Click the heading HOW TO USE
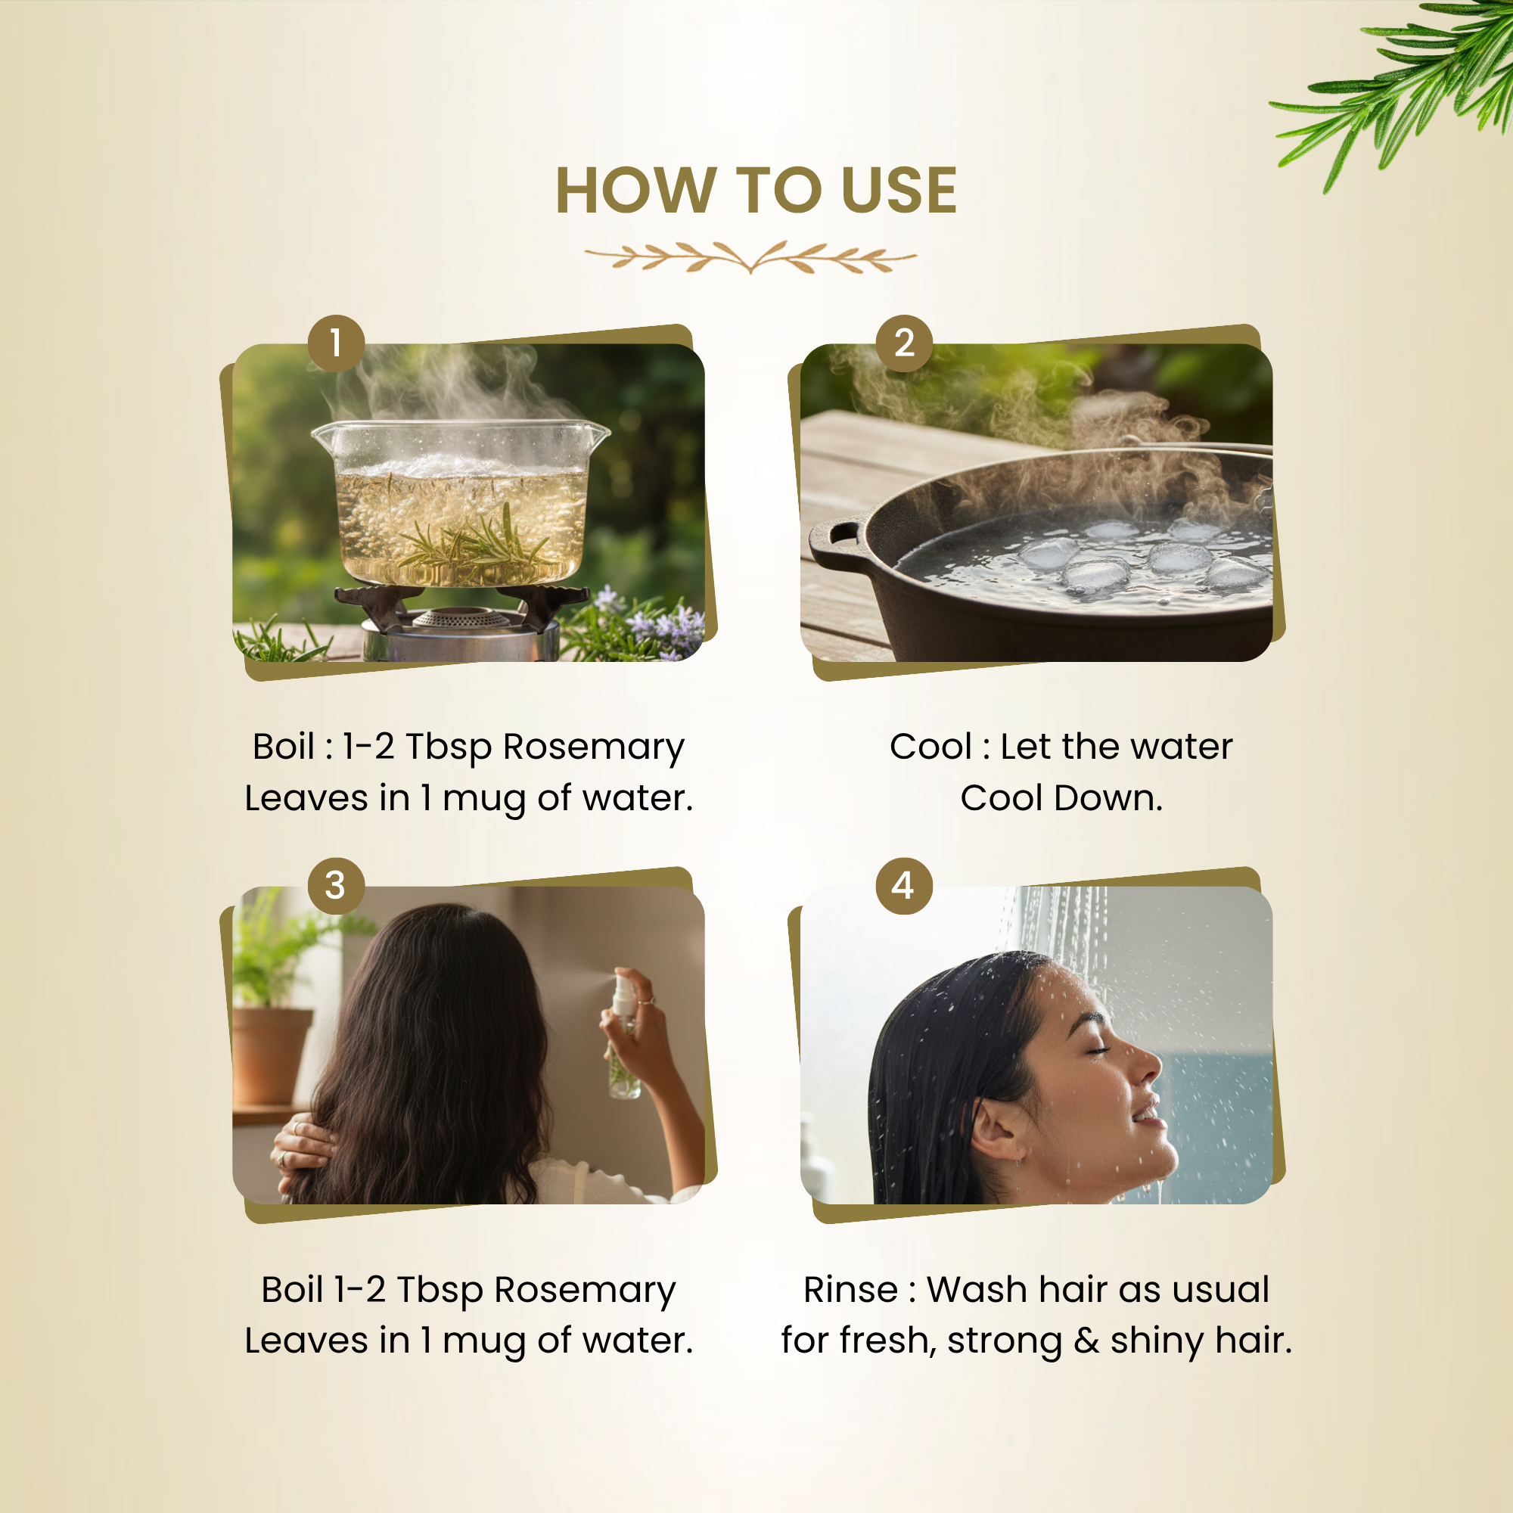pyautogui.click(x=756, y=191)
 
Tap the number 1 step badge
pyautogui.click(x=336, y=343)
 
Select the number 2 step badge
pyautogui.click(x=904, y=343)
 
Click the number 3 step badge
pyautogui.click(x=336, y=886)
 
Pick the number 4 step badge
pyautogui.click(x=904, y=886)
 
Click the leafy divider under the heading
pyautogui.click(x=750, y=257)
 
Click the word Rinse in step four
pyautogui.click(x=850, y=1289)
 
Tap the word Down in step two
pyautogui.click(x=1108, y=798)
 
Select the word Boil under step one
pyautogui.click(x=284, y=747)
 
